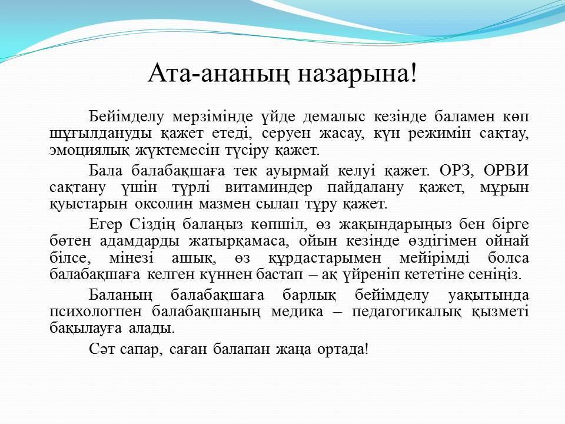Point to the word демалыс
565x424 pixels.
coord(334,117)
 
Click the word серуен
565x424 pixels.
coord(286,134)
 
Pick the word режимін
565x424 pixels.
coord(439,134)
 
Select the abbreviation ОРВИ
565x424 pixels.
coord(506,170)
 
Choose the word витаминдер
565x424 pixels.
coord(268,188)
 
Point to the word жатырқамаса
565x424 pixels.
coord(239,241)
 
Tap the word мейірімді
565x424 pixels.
coord(434,258)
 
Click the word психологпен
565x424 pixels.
coord(95,312)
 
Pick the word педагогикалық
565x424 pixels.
coord(406,312)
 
